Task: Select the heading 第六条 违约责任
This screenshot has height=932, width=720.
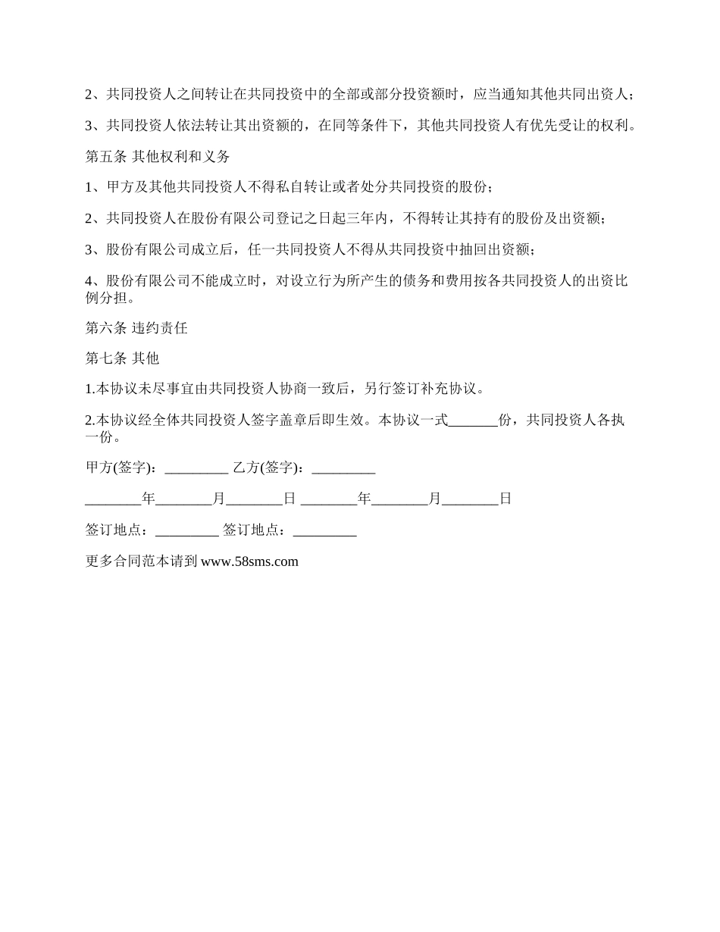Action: click(x=136, y=328)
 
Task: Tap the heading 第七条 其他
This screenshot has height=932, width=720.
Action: click(x=122, y=358)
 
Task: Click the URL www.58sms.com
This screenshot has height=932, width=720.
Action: click(x=250, y=561)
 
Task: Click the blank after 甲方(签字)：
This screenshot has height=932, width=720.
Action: click(x=196, y=468)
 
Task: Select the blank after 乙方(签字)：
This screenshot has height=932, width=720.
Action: click(x=343, y=468)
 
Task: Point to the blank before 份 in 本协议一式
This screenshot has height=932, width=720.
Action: click(x=473, y=420)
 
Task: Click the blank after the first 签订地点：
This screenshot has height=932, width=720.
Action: click(x=186, y=530)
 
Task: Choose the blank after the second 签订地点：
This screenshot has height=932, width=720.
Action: click(x=324, y=530)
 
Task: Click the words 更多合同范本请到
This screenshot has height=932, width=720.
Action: click(x=142, y=561)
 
